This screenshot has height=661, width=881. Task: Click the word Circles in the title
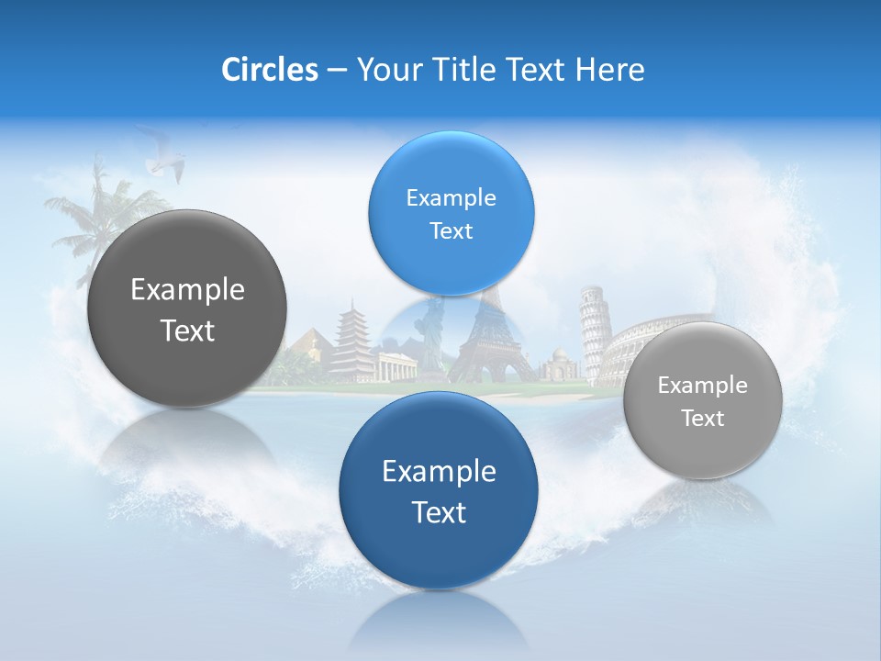click(x=269, y=70)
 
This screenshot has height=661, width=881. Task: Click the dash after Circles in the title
click(x=336, y=71)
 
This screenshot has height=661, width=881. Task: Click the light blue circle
click(x=451, y=213)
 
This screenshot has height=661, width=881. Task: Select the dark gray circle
click(x=187, y=308)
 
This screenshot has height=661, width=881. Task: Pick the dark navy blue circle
click(x=439, y=490)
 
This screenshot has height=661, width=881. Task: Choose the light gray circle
click(x=702, y=400)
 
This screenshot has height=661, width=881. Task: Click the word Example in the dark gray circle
click(x=187, y=290)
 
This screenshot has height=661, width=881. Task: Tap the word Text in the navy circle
click(x=439, y=512)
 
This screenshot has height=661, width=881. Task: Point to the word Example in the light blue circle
click(x=451, y=198)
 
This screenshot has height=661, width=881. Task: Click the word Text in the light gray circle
click(x=702, y=419)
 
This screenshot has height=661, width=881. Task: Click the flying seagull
click(x=163, y=165)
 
